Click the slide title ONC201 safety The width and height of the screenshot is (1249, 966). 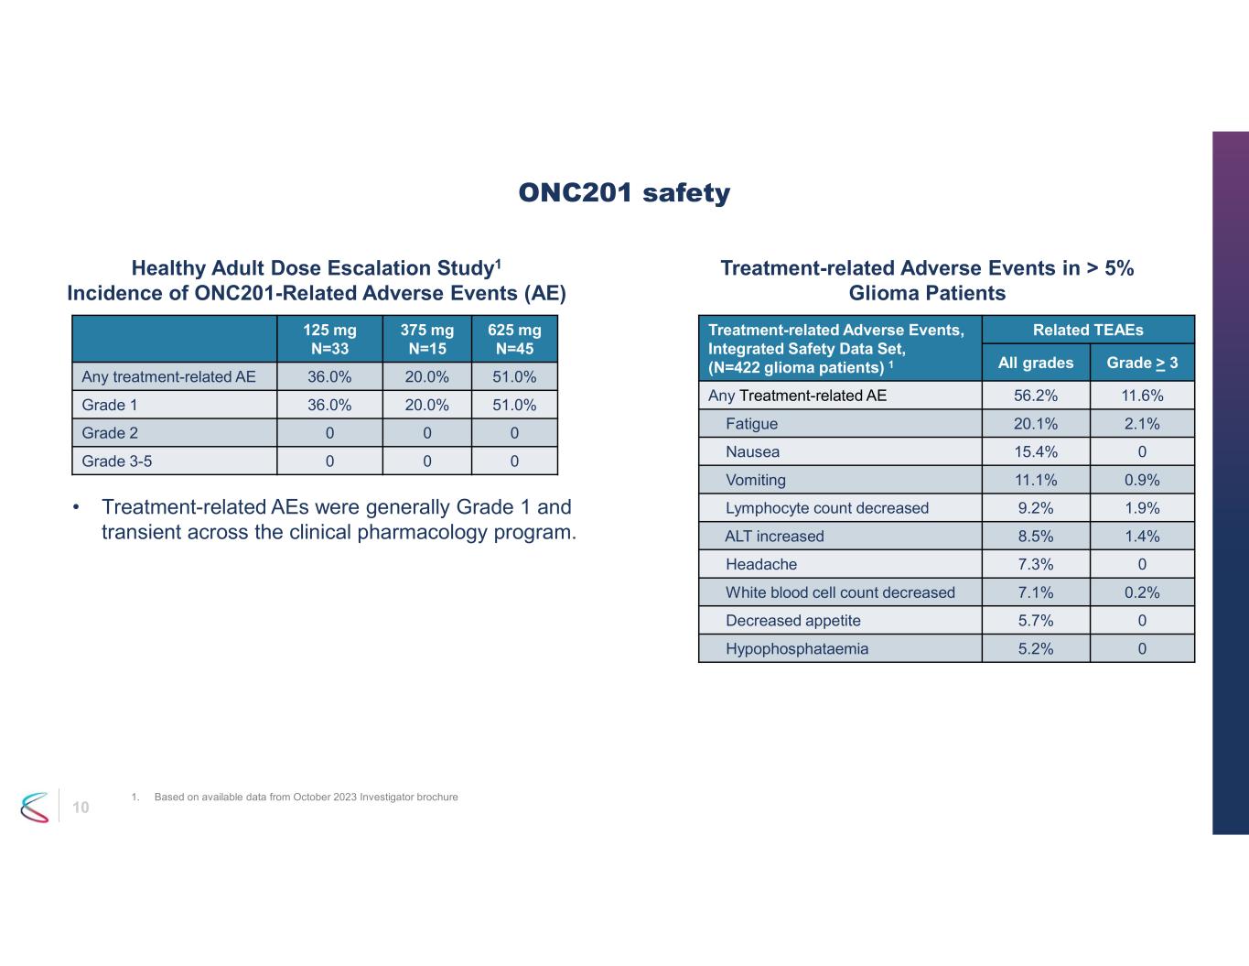624,193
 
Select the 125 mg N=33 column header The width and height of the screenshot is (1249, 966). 329,339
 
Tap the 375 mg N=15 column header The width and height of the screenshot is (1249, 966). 426,339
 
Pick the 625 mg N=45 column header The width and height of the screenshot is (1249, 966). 514,339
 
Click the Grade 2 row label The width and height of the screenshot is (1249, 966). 110,433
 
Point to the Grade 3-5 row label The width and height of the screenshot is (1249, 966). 117,461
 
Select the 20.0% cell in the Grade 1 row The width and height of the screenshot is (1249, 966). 426,405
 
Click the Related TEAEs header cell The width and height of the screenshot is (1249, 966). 1087,330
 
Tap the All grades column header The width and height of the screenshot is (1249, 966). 1035,364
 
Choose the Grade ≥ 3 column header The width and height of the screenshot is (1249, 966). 1142,364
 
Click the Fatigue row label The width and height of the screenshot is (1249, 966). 751,424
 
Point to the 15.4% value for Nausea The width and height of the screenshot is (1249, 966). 1035,452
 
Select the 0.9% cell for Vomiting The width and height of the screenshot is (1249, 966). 1142,480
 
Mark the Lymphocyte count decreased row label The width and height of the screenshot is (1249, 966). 826,508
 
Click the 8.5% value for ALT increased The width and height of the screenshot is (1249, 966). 1035,537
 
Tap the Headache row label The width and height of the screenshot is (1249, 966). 760,565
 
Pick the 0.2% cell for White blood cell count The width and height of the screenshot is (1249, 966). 1142,592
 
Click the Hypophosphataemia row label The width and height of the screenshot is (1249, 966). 796,649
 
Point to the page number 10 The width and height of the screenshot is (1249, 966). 81,807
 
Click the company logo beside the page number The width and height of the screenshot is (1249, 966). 35,807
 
